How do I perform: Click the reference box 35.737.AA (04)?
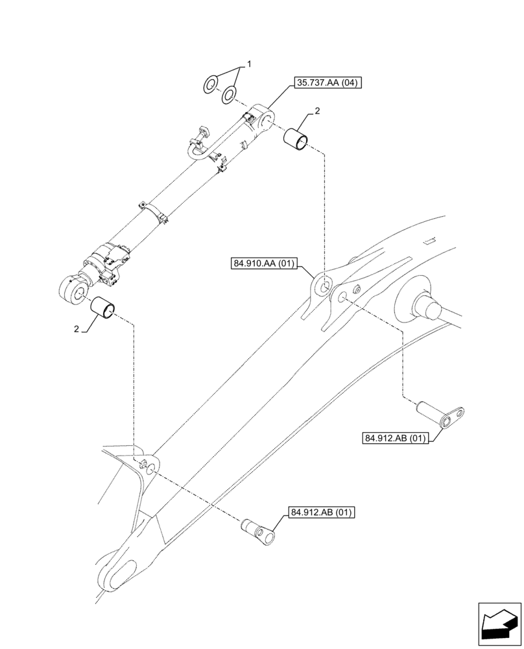point(327,82)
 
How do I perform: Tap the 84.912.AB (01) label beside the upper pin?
point(395,438)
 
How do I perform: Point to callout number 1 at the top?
point(248,65)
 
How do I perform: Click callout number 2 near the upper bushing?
point(318,113)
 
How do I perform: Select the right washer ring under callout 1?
point(228,96)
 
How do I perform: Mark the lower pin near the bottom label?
point(259,531)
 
